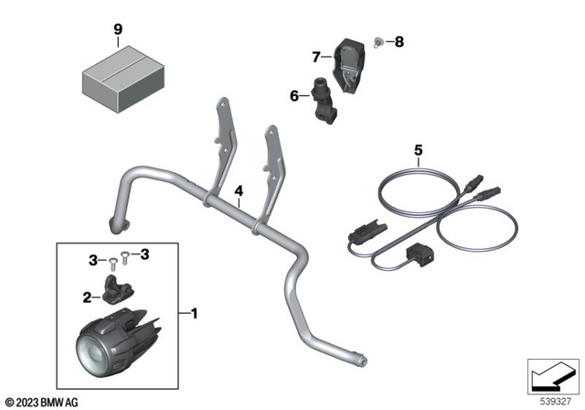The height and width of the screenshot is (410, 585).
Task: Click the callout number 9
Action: click(117, 29)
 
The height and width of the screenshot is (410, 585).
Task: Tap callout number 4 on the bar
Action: click(239, 191)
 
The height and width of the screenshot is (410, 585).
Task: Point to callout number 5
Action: click(419, 148)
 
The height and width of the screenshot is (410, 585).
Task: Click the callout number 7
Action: click(316, 57)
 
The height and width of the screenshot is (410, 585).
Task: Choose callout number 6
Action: click(294, 94)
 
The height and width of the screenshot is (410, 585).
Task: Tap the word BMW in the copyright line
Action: click(57, 402)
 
